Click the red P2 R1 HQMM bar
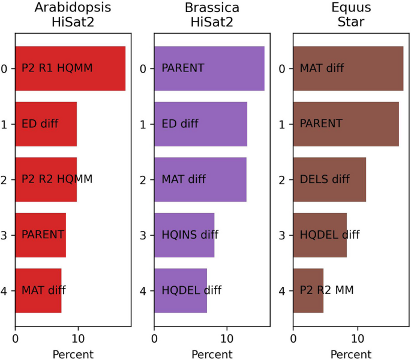(x=70, y=68)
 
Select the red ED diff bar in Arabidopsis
(x=46, y=124)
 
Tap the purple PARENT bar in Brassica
(x=209, y=68)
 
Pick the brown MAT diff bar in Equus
(x=348, y=68)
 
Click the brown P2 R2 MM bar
(x=308, y=290)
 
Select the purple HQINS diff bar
(x=184, y=235)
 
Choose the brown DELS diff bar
(x=329, y=179)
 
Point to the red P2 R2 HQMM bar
(x=46, y=179)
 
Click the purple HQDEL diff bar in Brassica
(x=181, y=290)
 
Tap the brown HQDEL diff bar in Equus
(x=320, y=235)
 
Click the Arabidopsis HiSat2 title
(x=73, y=15)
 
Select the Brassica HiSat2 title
(x=212, y=15)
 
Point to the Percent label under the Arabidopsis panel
(x=73, y=354)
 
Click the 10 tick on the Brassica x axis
(x=227, y=338)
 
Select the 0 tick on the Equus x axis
(x=293, y=338)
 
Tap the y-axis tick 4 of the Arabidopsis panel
(x=4, y=291)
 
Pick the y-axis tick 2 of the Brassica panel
(x=143, y=180)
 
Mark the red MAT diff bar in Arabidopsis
(x=38, y=290)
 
